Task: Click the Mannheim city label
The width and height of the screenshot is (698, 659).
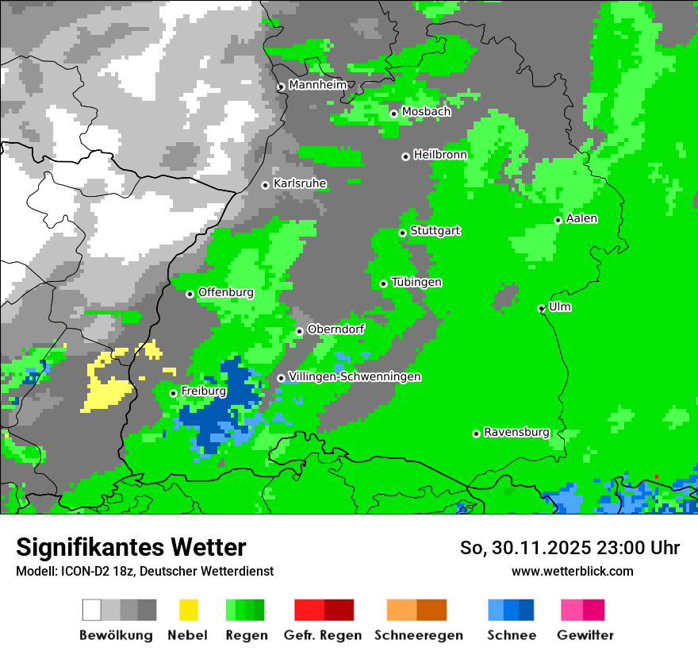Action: coord(317,85)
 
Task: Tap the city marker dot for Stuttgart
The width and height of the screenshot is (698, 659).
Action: coord(402,233)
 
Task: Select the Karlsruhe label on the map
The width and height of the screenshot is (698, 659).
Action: coord(299,183)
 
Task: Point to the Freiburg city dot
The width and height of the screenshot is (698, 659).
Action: coord(173,393)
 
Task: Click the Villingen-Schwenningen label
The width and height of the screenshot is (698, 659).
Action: coord(355,376)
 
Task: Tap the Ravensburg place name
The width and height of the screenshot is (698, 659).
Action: coord(516,432)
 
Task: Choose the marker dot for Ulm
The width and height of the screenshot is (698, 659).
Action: coord(541,308)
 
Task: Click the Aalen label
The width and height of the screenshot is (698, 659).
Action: coord(581,218)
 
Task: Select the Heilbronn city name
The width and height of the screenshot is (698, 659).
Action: coord(440,155)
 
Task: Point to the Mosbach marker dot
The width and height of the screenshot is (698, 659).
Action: coord(393,114)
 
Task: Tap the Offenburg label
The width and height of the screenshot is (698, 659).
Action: coord(225,292)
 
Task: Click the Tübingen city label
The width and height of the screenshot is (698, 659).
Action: coord(416,282)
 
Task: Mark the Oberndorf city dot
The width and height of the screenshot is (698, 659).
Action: coord(299,331)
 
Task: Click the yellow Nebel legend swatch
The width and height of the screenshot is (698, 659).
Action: coord(188,610)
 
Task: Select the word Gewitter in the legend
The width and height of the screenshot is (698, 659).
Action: coord(585,635)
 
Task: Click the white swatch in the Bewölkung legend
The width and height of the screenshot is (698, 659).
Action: coord(92,610)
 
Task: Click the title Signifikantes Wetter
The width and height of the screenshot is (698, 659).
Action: coord(131,547)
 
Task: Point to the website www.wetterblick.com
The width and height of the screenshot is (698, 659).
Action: coord(572,571)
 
